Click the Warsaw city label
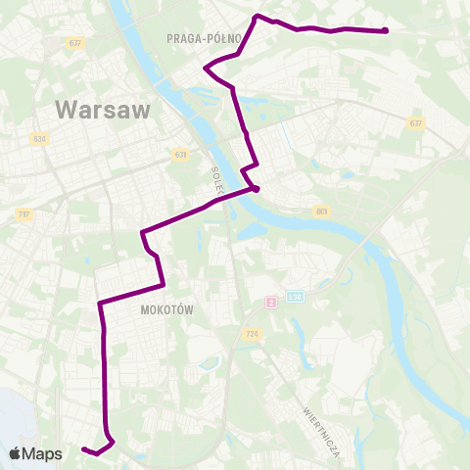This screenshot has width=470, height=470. coord(104,109)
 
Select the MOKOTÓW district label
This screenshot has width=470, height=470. coord(164,309)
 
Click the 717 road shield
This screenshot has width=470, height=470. coord(24,213)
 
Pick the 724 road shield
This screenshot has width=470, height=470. coord(253,334)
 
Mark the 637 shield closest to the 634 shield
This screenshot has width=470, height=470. coord(74,43)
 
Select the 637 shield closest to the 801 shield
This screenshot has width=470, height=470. coord(417,122)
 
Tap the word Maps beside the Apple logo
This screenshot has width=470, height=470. coord(42,453)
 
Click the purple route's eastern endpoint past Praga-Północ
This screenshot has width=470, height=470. coord(387,31)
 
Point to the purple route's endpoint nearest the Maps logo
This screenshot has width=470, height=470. coord(83,449)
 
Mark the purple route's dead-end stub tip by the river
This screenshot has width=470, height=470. coord(256,189)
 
